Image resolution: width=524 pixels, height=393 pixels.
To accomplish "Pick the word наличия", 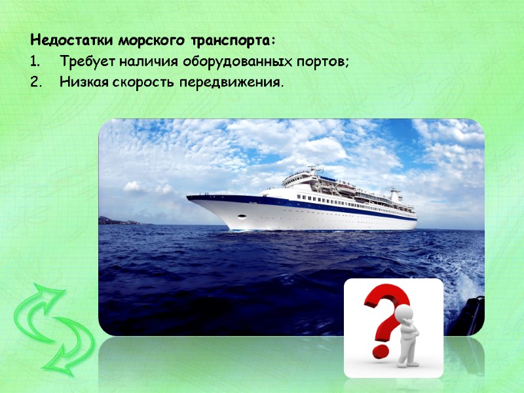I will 140,62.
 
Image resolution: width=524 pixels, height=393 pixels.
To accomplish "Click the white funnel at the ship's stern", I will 395,195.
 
